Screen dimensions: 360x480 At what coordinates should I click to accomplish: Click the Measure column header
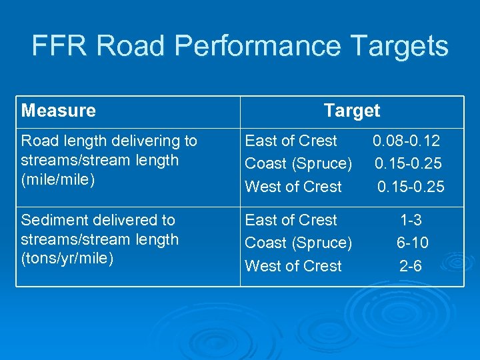click(59, 111)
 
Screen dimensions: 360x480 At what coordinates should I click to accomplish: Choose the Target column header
click(351, 111)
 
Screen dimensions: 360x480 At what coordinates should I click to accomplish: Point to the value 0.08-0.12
click(407, 141)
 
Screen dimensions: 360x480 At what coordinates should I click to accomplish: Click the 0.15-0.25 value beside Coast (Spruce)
click(408, 163)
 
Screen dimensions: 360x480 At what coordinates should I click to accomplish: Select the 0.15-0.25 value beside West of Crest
click(410, 187)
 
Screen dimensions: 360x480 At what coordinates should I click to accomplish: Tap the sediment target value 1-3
click(411, 220)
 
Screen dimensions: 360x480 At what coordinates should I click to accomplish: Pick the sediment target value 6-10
click(412, 243)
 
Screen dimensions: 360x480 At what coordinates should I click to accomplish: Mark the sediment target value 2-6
click(411, 266)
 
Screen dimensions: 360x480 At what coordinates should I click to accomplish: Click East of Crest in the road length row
click(291, 141)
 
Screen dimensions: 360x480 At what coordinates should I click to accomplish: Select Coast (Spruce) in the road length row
click(299, 163)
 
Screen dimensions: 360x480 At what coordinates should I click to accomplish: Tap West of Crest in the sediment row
click(293, 266)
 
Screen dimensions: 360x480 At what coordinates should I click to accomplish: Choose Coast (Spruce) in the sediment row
click(299, 243)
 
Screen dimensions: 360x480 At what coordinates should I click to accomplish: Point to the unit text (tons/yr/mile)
click(67, 259)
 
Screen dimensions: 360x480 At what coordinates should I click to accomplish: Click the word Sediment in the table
click(52, 220)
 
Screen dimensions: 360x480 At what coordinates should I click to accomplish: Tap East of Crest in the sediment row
click(291, 220)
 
